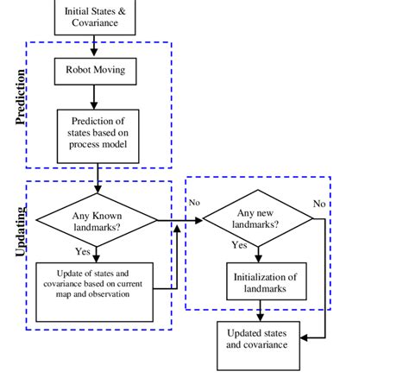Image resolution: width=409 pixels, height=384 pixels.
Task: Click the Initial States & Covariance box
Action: coord(95,17)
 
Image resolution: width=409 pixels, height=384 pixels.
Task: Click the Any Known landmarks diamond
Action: coord(97,221)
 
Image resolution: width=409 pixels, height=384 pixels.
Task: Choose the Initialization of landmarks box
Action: coord(266,283)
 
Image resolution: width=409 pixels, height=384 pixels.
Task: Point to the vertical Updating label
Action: coord(21,230)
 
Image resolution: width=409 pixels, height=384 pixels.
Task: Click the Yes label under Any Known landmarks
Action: coord(84,252)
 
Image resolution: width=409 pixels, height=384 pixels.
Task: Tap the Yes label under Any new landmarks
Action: coord(240,245)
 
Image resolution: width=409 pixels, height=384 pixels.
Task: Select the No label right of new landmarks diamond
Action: coord(319,204)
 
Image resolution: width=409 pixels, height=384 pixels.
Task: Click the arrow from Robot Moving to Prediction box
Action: coord(97,97)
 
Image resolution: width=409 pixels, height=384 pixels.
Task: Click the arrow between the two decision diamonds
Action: coord(181,221)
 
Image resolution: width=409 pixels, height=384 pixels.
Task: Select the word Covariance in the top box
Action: coord(95,23)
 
